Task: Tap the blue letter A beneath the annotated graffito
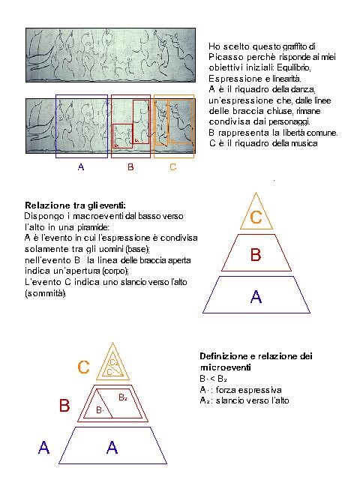coord(81,167)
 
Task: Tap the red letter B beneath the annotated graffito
coord(130,167)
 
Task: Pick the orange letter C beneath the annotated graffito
coord(172,167)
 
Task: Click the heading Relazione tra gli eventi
coord(75,205)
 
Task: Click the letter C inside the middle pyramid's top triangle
coord(256,218)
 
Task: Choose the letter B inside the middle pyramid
coord(256,256)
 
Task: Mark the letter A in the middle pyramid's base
coord(256,296)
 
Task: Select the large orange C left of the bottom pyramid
coord(85,367)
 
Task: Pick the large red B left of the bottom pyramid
coord(65,406)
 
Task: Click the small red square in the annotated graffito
coord(122,136)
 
